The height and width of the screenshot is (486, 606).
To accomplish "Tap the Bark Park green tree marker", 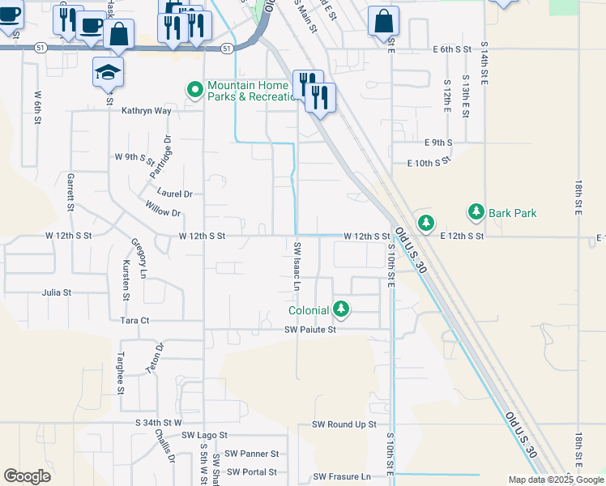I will point(476,213).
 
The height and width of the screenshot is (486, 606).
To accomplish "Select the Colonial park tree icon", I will point(342,309).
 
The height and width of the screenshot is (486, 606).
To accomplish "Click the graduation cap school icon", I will point(109,73).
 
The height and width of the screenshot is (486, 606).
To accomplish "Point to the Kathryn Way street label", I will point(147,111).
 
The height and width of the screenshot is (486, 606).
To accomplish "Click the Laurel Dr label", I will point(175,194).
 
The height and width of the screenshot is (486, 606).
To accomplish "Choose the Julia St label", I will point(57,292).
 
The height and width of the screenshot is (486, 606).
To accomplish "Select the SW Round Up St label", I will point(344,424).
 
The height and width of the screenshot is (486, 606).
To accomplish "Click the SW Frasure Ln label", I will point(342,477).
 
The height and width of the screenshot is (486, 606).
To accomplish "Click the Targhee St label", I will point(120,373).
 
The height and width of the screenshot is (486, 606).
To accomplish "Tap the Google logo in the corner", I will point(27,476).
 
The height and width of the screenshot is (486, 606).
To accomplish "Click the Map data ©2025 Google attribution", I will point(555,480).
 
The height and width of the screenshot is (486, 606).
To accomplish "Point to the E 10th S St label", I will point(428,163).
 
